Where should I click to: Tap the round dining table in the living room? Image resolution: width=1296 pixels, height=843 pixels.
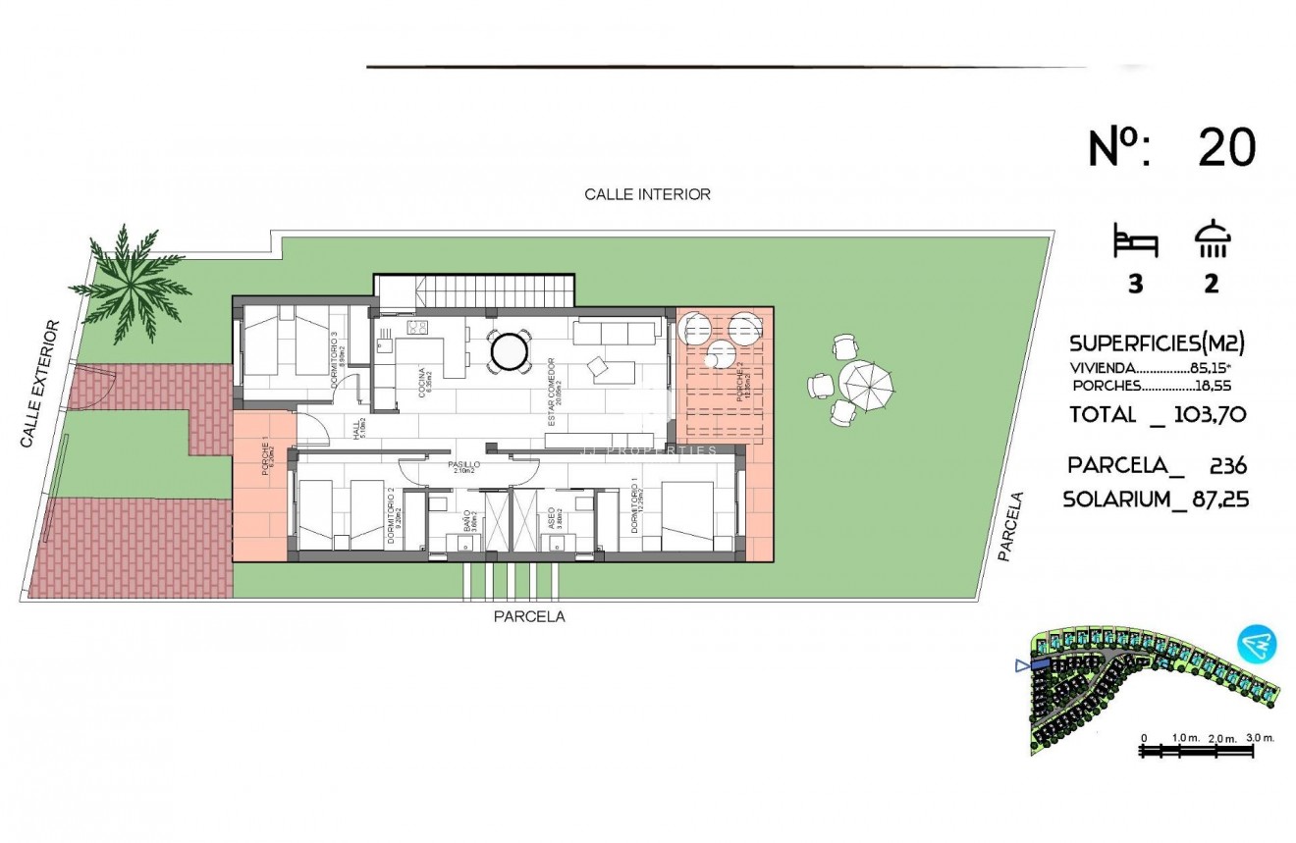[511, 351]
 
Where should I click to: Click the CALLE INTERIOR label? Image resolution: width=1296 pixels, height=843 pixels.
[647, 194]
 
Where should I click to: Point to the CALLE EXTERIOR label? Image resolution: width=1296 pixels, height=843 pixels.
[42, 385]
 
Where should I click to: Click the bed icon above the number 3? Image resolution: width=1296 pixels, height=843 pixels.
[1135, 240]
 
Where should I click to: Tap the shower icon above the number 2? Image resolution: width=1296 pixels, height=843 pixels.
[1212, 239]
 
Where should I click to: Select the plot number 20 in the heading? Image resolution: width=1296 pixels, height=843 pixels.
[1226, 148]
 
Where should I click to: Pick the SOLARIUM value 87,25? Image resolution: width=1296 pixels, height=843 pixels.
[1213, 500]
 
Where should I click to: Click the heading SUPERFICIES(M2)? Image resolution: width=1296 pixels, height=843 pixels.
[1157, 343]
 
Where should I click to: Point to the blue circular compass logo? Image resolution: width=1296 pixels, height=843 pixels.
[1257, 645]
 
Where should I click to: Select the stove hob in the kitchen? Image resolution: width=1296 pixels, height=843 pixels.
[417, 328]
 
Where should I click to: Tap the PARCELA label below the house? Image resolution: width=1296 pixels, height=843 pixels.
[529, 616]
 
